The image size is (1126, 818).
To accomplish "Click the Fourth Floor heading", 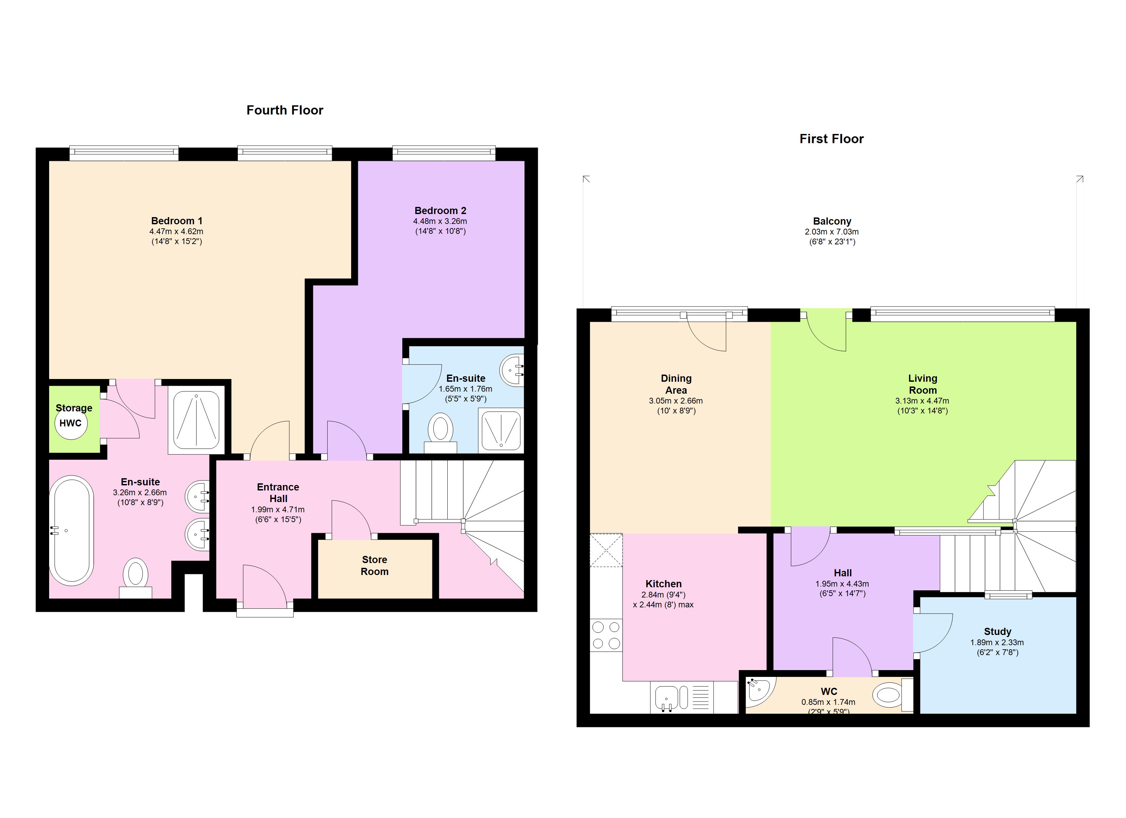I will tap(285, 110).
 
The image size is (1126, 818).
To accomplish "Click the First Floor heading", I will tap(831, 139).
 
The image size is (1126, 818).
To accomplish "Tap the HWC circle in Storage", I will tap(71, 423).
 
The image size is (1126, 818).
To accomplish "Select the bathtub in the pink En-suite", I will tap(72, 530).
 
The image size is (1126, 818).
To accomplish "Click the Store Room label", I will tap(374, 565).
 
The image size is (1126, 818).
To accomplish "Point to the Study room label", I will tap(997, 632).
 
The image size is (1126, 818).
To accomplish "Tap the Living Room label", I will tap(922, 384).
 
